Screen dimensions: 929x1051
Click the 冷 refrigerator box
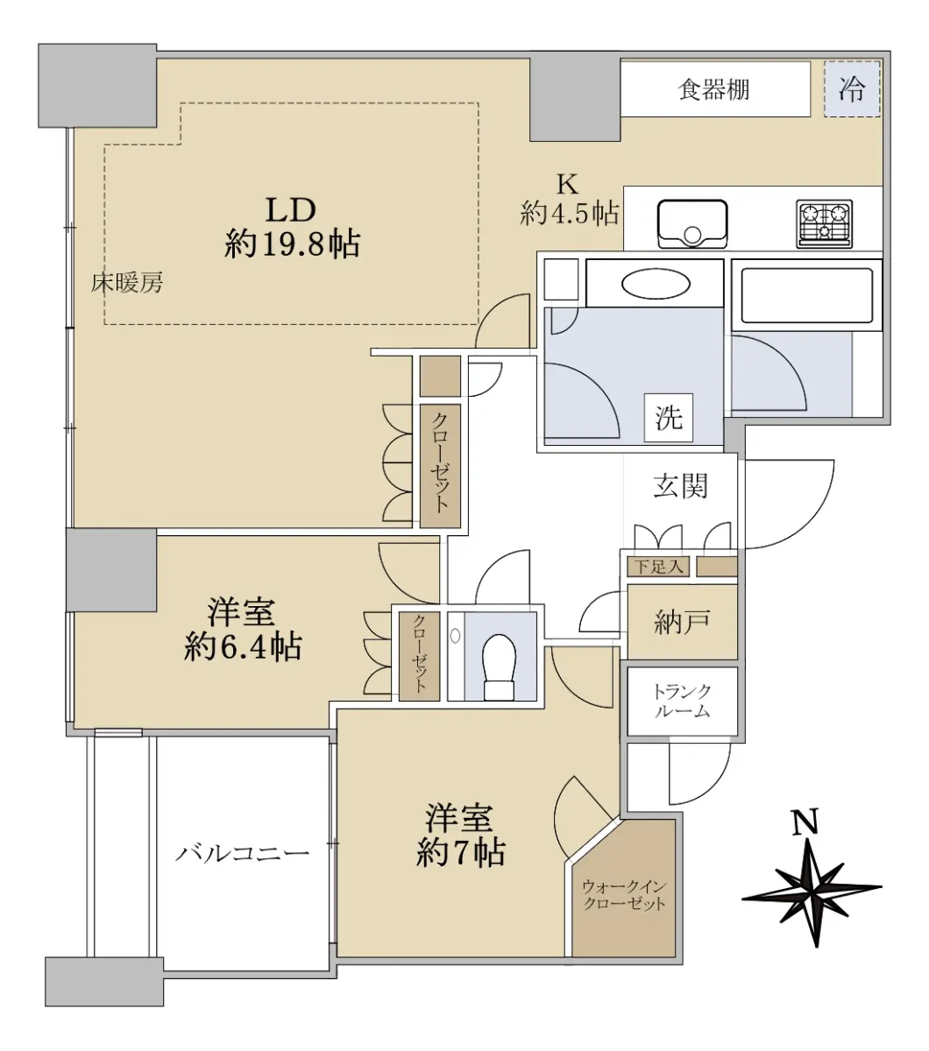pos(852,88)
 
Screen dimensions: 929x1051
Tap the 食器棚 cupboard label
pos(713,89)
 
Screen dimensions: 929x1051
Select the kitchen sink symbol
pos(692,224)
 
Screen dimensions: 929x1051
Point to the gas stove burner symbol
pos(824,223)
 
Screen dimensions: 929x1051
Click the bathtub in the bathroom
pos(806,296)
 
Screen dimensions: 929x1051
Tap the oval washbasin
pos(656,285)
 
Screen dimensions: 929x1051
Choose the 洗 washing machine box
pos(669,418)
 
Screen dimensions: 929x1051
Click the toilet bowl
pos(499,667)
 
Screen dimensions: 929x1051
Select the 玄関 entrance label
pos(680,486)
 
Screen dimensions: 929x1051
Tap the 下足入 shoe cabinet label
pos(658,567)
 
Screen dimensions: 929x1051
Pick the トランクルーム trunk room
pos(683,702)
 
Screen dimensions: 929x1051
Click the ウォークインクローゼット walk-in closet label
pos(624,894)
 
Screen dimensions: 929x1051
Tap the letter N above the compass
pos(805,822)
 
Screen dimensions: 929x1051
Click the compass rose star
pos(812,892)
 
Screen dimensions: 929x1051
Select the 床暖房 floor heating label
pos(127,283)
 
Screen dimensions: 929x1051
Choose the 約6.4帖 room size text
pos(243,646)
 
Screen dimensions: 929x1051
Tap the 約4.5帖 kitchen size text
pos(569,213)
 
